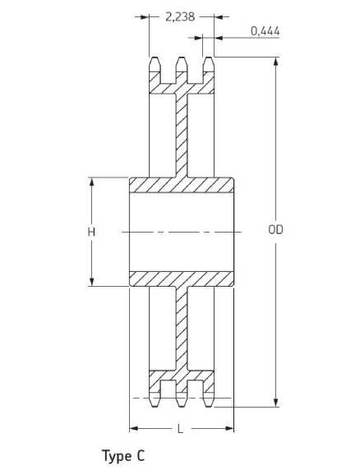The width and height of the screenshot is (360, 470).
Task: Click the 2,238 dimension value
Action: tap(180, 16)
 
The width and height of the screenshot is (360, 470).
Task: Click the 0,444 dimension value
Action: tap(265, 31)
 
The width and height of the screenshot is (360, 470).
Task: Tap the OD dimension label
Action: tap(275, 230)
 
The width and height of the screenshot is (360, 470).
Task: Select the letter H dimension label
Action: tap(91, 232)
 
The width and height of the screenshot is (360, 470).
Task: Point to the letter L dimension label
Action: tap(180, 429)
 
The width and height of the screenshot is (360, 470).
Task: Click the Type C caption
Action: tap(123, 456)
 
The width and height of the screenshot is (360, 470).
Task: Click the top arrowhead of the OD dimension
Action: tap(276, 61)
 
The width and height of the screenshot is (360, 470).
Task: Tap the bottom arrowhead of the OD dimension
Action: tap(276, 403)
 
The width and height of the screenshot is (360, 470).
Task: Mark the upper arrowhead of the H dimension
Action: tap(92, 182)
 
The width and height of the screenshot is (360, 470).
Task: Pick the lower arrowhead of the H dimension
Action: tap(92, 282)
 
